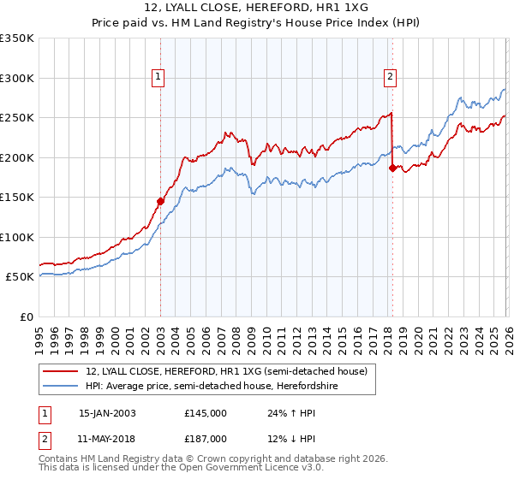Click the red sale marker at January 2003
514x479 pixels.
[x=160, y=202]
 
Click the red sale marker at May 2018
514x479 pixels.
[x=392, y=169]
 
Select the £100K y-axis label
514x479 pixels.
[x=17, y=237]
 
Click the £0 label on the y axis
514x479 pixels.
[x=26, y=316]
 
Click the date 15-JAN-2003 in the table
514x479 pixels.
[x=107, y=412]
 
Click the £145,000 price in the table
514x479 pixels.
[x=206, y=412]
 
